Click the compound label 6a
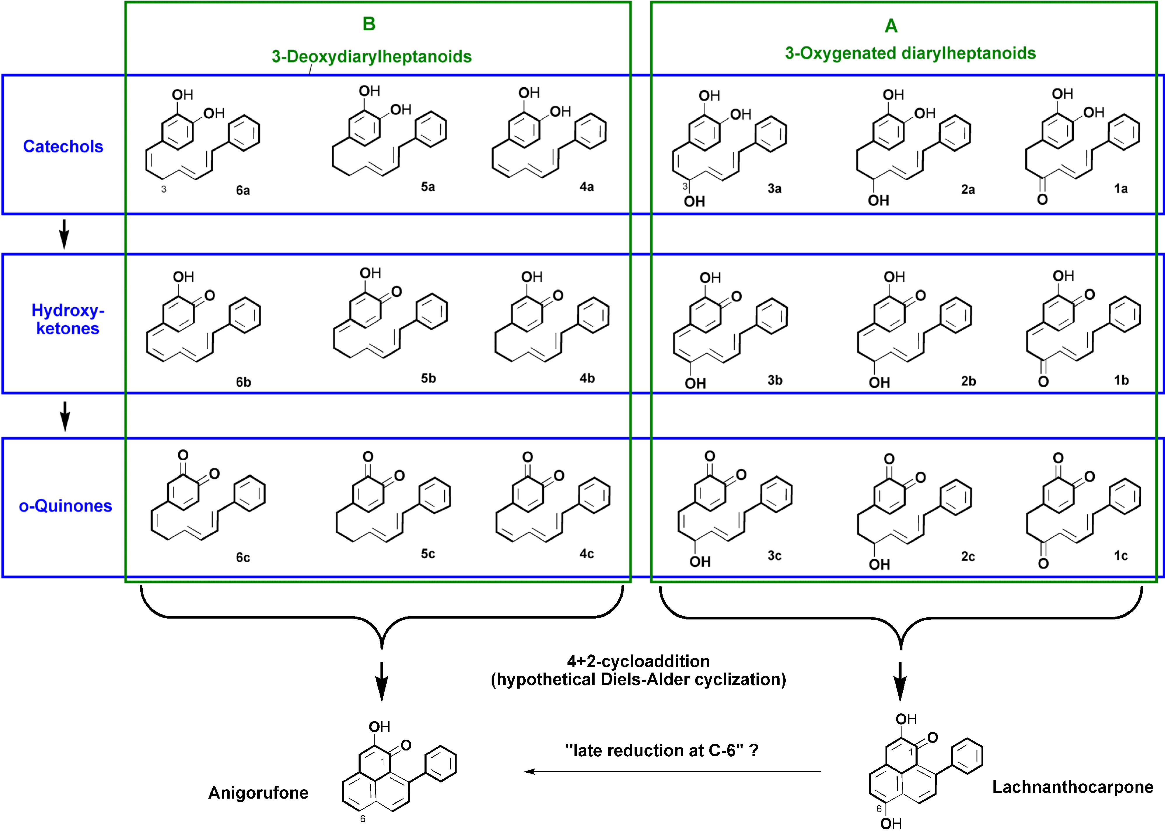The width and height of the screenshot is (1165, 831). [242, 190]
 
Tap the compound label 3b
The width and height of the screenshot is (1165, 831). [775, 380]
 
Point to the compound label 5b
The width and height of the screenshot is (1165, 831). [428, 378]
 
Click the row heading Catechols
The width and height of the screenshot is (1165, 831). [63, 147]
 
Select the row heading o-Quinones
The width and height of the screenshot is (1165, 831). [65, 506]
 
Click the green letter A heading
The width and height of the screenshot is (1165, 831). [891, 26]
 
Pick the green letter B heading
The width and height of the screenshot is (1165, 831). [369, 24]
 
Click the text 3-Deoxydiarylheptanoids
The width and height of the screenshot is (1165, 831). [371, 56]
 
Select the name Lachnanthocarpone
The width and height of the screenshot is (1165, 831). [1073, 787]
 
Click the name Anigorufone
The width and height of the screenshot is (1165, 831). [258, 792]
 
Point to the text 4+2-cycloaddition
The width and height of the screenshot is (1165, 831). [638, 661]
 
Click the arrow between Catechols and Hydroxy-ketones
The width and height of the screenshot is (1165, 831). [64, 234]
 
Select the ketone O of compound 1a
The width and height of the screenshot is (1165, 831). [1042, 200]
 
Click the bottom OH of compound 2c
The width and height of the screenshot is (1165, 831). [879, 564]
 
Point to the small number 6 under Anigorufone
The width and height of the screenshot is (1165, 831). [363, 819]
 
